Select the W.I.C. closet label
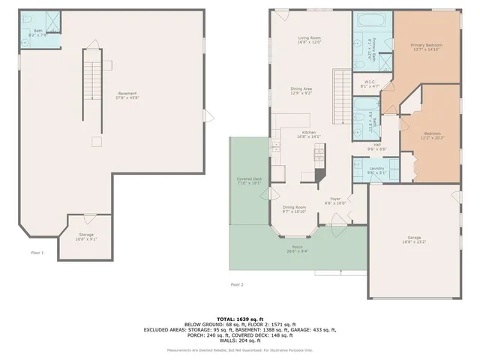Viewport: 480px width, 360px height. click(370, 82)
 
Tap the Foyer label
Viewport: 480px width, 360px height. click(334, 200)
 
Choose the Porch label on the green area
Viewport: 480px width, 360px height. click(298, 248)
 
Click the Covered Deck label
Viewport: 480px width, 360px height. click(248, 180)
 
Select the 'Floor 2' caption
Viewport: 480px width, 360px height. click(237, 285)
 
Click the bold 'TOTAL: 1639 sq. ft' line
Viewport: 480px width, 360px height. click(239, 317)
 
